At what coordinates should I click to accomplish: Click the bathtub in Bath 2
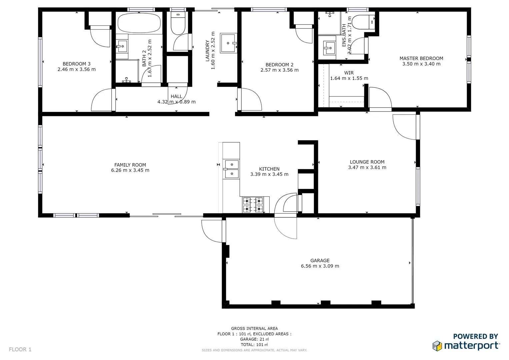[139, 23]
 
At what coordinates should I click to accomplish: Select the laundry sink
[228, 43]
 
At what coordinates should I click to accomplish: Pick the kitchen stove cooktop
[253, 205]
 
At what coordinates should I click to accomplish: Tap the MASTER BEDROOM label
[421, 58]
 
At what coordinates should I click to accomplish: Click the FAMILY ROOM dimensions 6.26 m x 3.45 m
[130, 170]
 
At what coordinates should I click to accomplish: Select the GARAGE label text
[320, 261]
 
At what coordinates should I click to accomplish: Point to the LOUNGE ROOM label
[367, 162]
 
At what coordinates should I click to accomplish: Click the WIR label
[349, 73]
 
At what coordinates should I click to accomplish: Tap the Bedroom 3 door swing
[101, 100]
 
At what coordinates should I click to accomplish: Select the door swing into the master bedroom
[380, 98]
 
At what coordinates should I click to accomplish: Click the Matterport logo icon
[437, 346]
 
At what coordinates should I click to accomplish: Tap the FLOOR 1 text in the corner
[20, 349]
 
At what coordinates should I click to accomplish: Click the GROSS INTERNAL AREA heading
[254, 328]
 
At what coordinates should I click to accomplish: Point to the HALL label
[176, 96]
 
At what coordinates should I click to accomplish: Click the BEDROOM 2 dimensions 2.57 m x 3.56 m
[279, 70]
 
